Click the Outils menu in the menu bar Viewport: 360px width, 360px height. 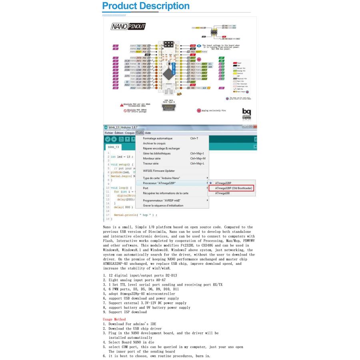[x=140, y=133]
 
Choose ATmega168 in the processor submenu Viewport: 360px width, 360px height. [x=222, y=193]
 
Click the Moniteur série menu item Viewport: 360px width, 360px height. [x=152, y=158]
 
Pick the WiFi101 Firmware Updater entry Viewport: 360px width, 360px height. [x=159, y=171]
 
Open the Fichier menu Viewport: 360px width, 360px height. [x=108, y=133]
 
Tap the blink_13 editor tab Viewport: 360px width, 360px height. [x=114, y=147]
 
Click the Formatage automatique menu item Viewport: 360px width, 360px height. [x=158, y=138]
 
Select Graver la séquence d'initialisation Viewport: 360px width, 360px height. [x=163, y=206]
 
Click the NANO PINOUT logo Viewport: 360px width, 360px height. [x=128, y=27]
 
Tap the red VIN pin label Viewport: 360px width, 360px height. [x=192, y=46]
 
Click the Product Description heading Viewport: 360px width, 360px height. [x=146, y=6]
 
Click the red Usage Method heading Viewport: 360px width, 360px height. [x=114, y=320]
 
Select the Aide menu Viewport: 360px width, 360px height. [x=148, y=133]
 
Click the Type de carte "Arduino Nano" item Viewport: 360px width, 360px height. [x=162, y=178]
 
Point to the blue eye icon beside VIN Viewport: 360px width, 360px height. [x=199, y=46]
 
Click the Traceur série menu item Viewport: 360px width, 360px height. [x=151, y=163]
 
